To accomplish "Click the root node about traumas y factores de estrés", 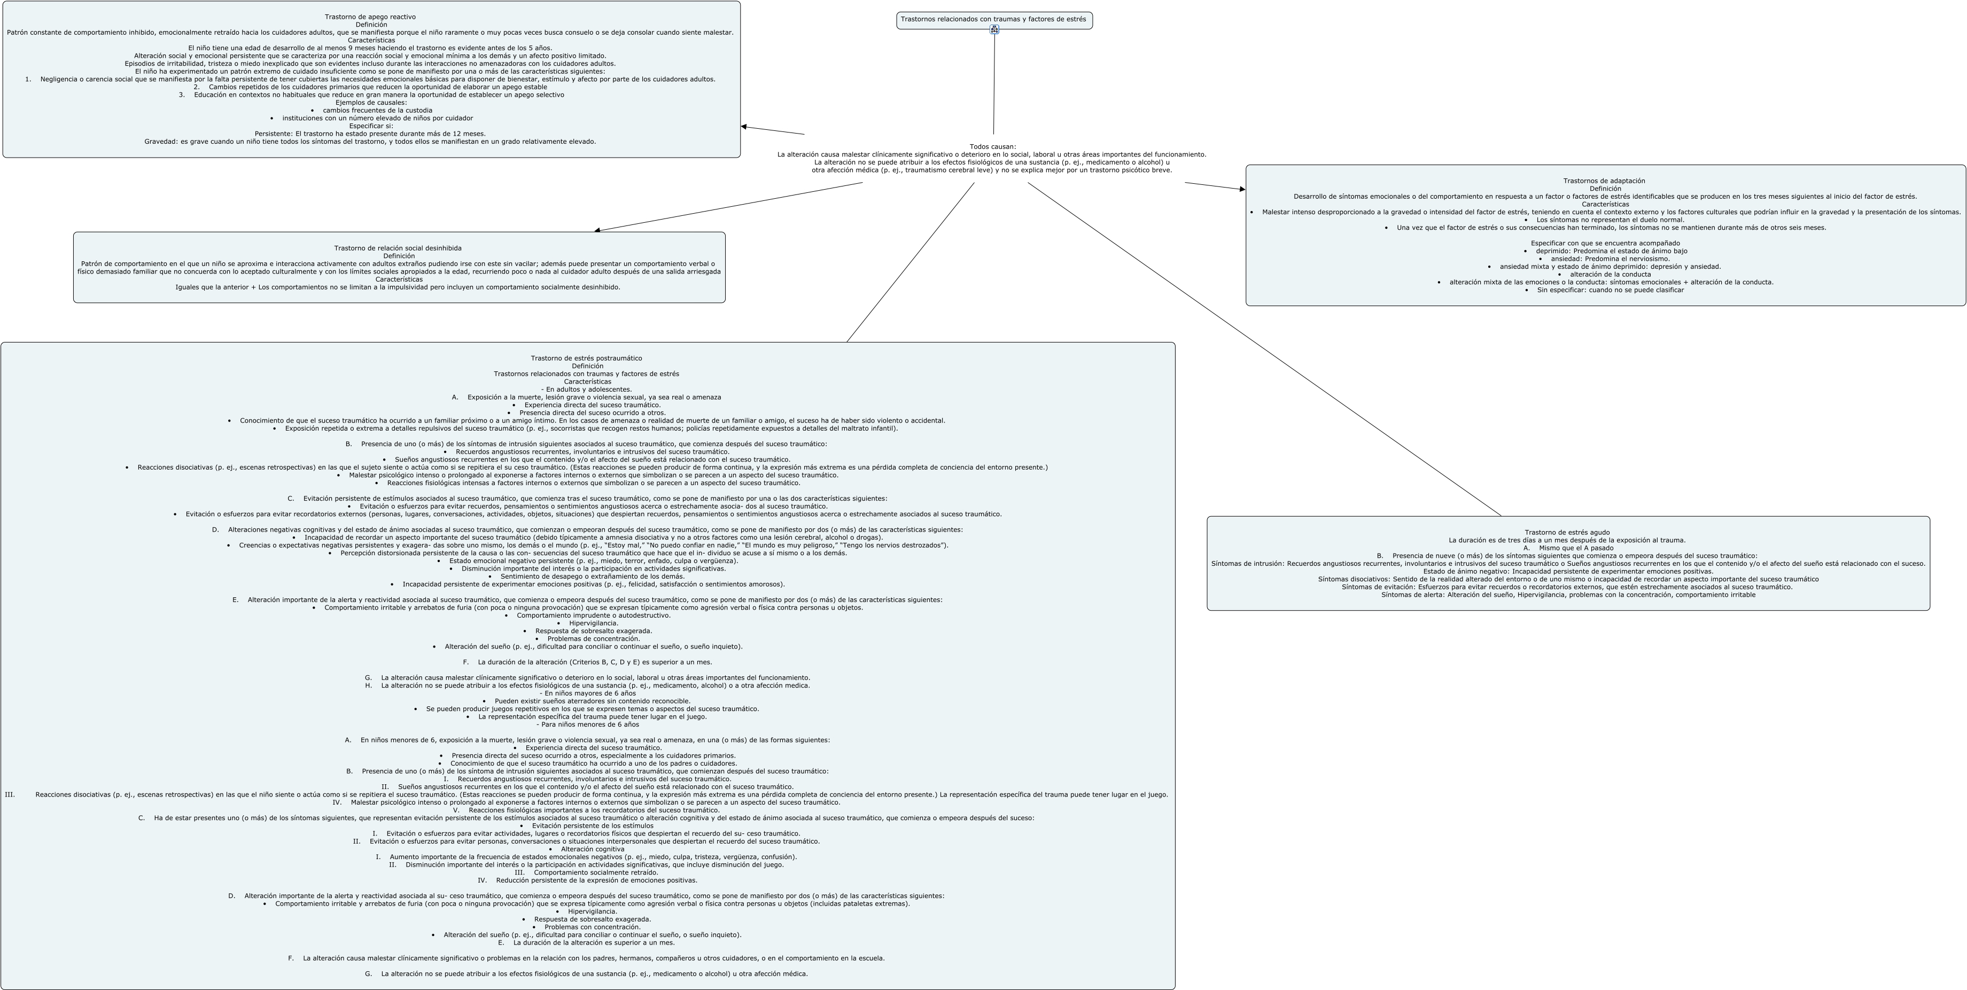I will (x=993, y=19).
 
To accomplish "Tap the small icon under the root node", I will (x=994, y=30).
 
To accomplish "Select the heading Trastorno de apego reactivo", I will (x=370, y=17).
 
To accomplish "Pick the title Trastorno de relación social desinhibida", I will (x=398, y=248).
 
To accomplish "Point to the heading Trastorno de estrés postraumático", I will (x=586, y=358).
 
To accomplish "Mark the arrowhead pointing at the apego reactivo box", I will (x=744, y=127).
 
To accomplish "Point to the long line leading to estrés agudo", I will (x=1260, y=347).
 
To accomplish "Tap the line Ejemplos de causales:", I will (x=371, y=102).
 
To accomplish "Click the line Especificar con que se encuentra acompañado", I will (x=1605, y=243).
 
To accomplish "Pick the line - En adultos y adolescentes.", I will (x=586, y=389).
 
